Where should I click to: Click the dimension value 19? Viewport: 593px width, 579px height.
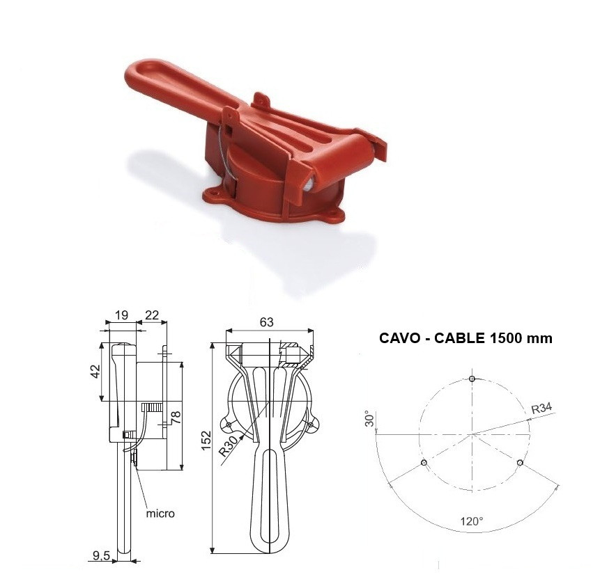(x=121, y=315)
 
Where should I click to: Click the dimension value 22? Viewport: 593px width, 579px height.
(x=152, y=315)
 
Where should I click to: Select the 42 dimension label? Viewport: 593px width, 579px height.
(x=95, y=371)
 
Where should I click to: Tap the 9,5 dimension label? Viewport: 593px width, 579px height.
(x=101, y=555)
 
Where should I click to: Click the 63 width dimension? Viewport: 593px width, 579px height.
(x=267, y=322)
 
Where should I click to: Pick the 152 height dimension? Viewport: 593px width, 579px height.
(x=206, y=440)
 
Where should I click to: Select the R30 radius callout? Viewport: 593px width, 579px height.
(x=229, y=445)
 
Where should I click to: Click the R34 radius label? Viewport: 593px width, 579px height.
(x=541, y=409)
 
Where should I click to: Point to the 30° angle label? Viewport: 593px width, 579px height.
(x=370, y=418)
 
